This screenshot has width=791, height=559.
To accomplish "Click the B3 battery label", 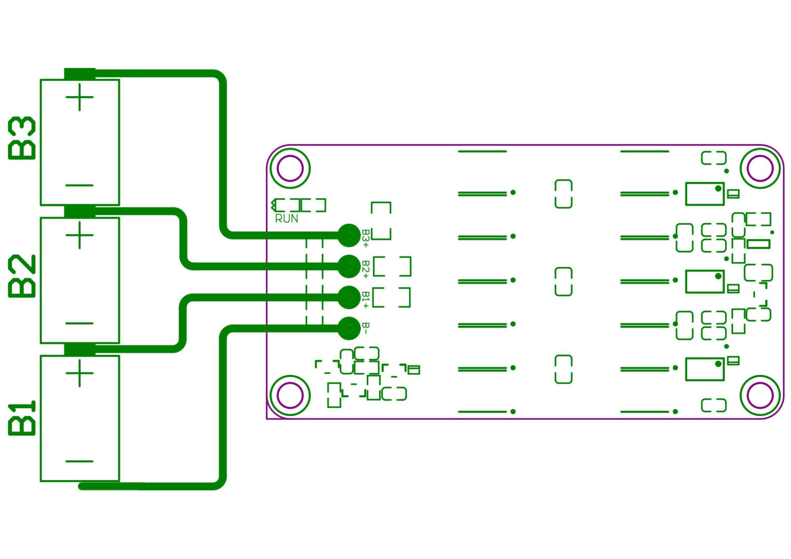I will click(23, 138).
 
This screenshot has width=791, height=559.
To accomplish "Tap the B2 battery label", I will click(23, 276).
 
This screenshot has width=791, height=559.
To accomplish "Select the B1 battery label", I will click(23, 418).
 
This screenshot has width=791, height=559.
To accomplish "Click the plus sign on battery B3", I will click(80, 97).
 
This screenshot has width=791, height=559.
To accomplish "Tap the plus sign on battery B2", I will click(80, 235).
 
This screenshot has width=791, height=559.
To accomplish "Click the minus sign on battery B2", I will click(80, 324).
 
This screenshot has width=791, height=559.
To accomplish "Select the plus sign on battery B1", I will click(80, 373).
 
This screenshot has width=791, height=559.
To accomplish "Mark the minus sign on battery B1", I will click(80, 461).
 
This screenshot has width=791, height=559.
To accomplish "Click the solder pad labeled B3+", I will click(349, 235).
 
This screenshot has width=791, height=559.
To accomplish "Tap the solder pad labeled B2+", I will click(349, 266).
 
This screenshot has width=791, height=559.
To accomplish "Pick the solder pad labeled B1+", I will click(349, 297).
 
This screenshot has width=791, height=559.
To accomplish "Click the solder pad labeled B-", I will click(349, 327).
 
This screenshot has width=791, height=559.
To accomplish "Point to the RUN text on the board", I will click(287, 219).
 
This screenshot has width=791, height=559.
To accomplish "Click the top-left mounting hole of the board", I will click(290, 168).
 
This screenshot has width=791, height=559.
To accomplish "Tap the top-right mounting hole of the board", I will click(760, 168).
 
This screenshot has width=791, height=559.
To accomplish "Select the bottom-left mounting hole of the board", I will click(290, 395).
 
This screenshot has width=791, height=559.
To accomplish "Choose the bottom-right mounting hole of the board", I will click(760, 395).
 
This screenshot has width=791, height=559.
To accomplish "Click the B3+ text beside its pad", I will click(366, 238).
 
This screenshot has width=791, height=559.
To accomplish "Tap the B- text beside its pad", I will click(366, 328).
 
